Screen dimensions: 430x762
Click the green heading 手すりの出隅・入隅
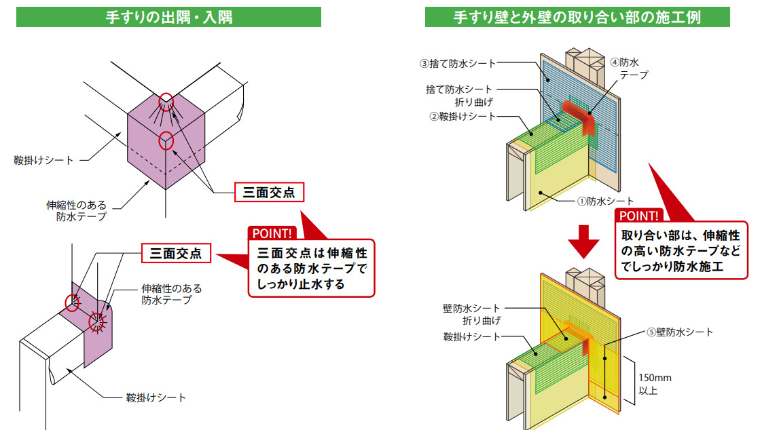[x=168, y=17]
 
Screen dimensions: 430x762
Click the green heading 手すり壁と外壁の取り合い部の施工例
[x=577, y=17]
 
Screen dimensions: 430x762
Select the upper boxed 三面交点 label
[x=269, y=193]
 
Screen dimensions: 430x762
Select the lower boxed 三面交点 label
[x=176, y=254]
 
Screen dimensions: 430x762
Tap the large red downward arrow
[x=583, y=239]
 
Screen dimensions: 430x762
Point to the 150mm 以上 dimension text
[x=654, y=384]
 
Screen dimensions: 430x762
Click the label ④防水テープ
[x=629, y=68]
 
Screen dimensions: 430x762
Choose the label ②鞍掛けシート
[x=462, y=116]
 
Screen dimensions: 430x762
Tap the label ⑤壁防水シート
[x=679, y=332]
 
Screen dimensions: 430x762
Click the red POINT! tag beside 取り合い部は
[x=638, y=216]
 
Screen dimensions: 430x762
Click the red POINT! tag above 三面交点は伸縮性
[x=273, y=233]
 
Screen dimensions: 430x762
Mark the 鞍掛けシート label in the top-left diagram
[x=42, y=160]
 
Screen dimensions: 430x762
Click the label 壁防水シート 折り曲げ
[x=471, y=314]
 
